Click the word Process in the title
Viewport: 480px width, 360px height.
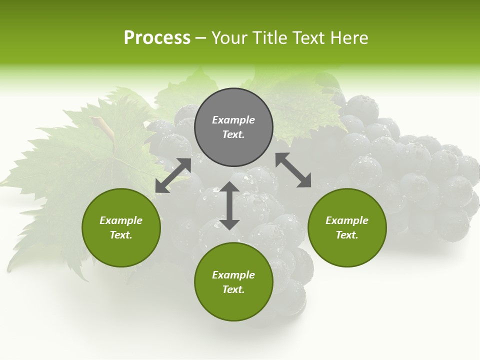point(157,38)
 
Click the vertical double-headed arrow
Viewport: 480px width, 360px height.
point(229,205)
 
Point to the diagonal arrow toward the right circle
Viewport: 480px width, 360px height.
point(293,170)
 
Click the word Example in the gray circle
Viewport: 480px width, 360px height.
point(233,120)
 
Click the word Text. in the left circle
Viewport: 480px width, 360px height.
point(121,235)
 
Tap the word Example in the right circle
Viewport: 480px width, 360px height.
point(347,220)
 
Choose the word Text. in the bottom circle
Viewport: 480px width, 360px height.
point(233,289)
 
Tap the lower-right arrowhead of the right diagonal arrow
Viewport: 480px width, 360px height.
point(304,181)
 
